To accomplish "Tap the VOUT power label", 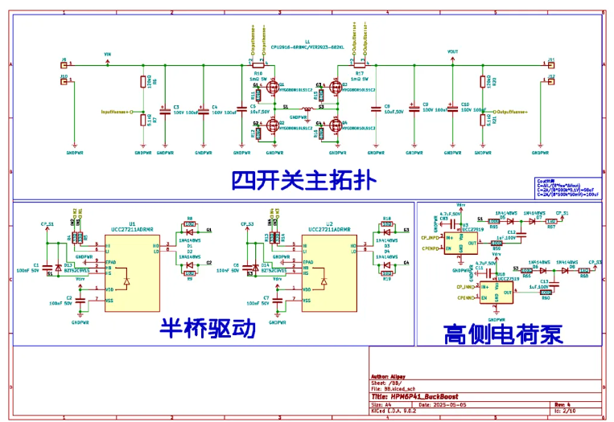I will [451, 54].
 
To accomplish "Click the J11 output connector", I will [550, 63].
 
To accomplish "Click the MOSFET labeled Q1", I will [273, 87].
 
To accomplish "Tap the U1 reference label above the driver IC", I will [133, 223].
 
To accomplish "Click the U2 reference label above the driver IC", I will [329, 223].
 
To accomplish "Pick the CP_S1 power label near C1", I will [47, 224].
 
